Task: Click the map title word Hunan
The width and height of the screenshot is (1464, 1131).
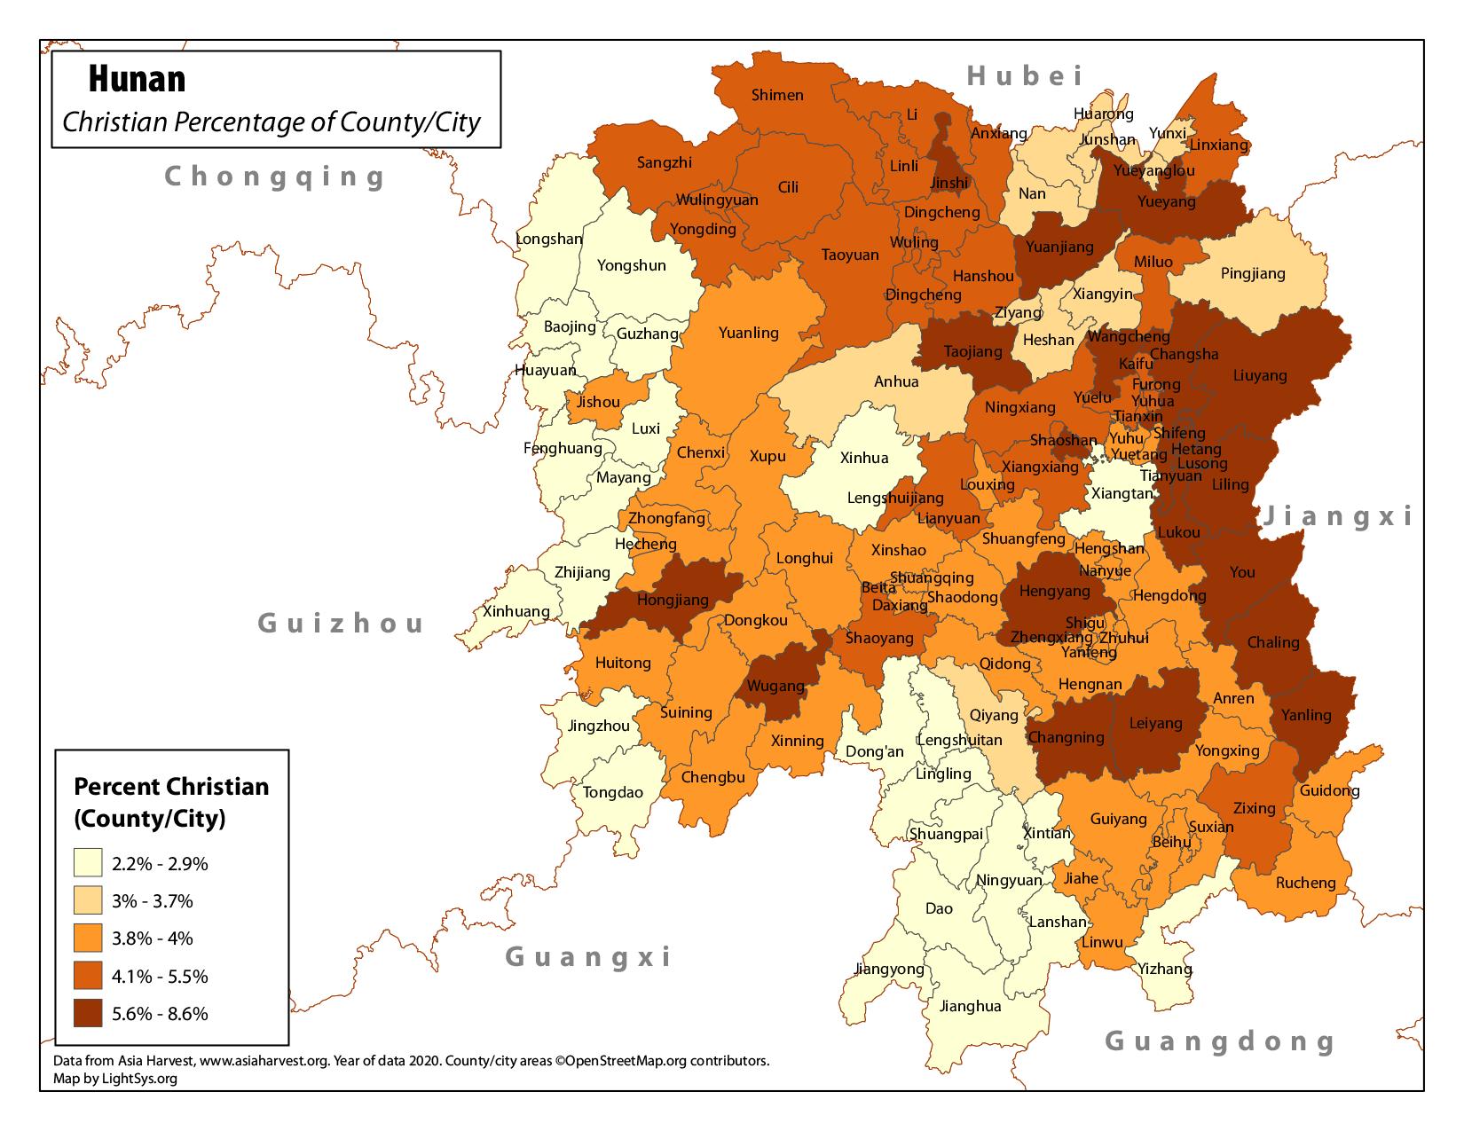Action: tap(137, 80)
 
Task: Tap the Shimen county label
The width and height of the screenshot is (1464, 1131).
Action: tap(777, 95)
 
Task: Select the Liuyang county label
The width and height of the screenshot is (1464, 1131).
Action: tap(1259, 375)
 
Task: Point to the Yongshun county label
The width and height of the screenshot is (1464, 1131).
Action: tap(631, 265)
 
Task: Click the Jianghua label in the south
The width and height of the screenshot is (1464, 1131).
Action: tap(970, 1006)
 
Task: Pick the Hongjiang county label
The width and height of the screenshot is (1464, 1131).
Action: tap(673, 600)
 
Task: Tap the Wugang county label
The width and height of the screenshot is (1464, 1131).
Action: tap(775, 686)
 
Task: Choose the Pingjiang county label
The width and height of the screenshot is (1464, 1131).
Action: tap(1253, 273)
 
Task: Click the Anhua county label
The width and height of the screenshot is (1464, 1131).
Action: tap(896, 381)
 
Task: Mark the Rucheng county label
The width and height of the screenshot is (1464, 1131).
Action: tap(1305, 883)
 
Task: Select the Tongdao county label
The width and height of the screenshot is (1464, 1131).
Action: tap(612, 792)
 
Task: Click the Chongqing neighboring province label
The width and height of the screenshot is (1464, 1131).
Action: tap(275, 177)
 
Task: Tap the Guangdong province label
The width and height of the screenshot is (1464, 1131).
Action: tap(1220, 1041)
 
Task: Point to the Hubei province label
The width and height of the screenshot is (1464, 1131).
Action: tap(1025, 76)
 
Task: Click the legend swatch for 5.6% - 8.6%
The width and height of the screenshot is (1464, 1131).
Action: tap(88, 1013)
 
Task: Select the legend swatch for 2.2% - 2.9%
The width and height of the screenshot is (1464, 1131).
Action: tap(88, 863)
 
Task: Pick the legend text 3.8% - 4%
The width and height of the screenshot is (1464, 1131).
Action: tap(152, 939)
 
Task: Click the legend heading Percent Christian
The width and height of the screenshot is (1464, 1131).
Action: tap(171, 787)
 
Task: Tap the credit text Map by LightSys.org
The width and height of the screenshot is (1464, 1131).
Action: tap(115, 1079)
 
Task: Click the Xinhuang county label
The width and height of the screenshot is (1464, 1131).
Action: tap(516, 611)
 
